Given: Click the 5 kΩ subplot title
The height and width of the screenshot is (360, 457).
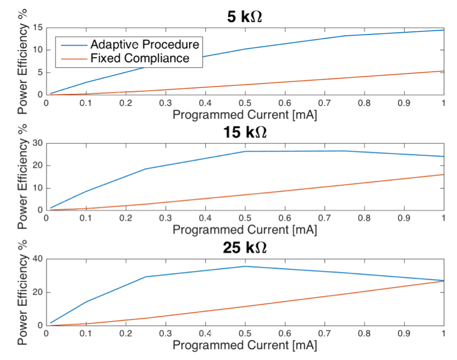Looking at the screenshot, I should tap(245, 17).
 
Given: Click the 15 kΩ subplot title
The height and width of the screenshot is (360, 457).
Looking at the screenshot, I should tap(245, 133).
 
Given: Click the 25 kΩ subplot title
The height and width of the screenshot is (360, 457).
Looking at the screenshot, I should tap(245, 248).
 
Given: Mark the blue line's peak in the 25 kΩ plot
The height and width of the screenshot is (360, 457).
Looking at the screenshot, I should tap(245, 266).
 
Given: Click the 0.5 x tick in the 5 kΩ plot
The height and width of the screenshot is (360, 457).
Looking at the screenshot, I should tap(245, 104).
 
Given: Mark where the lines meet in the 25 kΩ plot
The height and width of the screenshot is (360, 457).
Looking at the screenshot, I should tap(443, 281).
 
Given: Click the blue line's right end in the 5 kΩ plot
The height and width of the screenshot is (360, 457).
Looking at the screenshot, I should tap(444, 30).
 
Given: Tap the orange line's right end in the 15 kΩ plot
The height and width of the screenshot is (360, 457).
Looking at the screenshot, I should tap(444, 174).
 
